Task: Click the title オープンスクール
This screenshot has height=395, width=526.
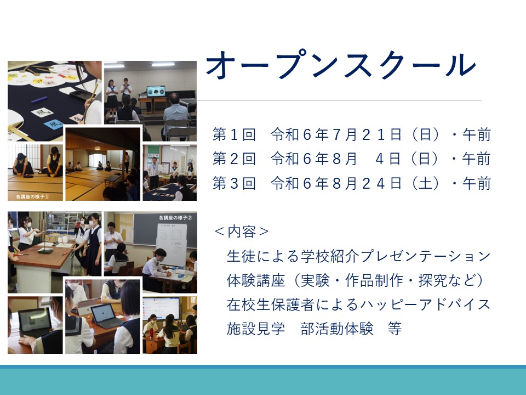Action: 341,65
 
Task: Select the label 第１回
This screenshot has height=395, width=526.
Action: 234,135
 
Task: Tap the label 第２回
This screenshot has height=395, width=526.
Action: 234,159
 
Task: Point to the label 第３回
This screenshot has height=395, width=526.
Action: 234,183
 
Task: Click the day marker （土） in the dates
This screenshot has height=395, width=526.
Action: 425,183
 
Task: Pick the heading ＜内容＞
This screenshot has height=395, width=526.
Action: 242,232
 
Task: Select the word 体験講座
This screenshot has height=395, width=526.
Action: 256,280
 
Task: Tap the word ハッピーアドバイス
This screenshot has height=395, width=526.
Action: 425,304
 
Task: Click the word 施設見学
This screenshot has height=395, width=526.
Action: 256,329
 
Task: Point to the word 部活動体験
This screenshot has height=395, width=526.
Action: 337,329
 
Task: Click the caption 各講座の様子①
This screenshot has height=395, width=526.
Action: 32,197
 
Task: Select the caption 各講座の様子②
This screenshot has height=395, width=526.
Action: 175,218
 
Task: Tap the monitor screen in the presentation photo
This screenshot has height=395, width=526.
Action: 156,91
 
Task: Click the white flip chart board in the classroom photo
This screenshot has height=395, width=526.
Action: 171,245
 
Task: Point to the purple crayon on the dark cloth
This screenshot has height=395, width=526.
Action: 39,100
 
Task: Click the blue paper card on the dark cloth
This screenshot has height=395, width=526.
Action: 54,124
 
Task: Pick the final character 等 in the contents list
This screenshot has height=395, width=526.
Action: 395,329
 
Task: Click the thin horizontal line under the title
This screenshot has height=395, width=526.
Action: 339,100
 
